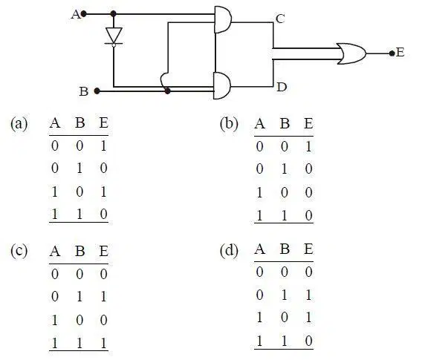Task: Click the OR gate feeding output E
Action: coord(352,53)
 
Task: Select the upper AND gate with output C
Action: coord(223,19)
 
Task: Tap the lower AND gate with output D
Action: coord(222,85)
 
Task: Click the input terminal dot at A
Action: coord(84,13)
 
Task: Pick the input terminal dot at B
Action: coord(97,91)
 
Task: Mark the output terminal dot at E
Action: coord(392,53)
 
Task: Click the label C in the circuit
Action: coord(280,19)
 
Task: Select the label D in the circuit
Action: coord(282,87)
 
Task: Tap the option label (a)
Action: coord(19,124)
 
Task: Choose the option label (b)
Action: coord(229,124)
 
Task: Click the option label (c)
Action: coord(19,251)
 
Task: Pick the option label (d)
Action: coord(229,251)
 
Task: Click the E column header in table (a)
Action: coord(103,123)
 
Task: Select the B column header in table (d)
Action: coord(285,249)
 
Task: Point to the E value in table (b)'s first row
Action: coord(308,146)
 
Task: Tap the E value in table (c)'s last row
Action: coord(103,344)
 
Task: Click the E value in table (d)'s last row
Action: coord(308,341)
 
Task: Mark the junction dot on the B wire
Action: coord(167,91)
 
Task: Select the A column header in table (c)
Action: coord(55,252)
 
